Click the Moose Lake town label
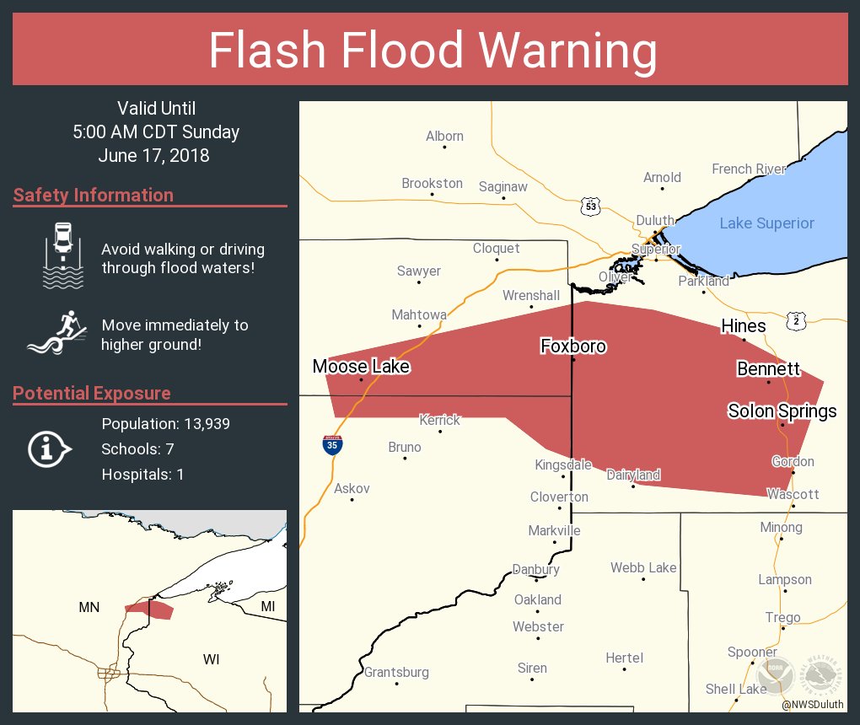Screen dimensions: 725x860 point(361,366)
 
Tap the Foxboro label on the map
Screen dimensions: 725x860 point(573,346)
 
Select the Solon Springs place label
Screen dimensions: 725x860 point(782,411)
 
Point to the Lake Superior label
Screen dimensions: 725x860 point(766,223)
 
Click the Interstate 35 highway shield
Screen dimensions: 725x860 point(332,445)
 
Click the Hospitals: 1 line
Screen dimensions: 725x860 point(142,474)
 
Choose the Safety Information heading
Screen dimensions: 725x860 point(94,196)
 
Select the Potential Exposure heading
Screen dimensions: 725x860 point(92,394)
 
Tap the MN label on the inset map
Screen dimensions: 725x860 point(89,607)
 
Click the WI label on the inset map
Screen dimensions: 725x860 point(211,659)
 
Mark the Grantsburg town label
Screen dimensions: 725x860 point(396,672)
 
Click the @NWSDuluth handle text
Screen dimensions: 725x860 point(814,705)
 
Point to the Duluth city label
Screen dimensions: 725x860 point(655,220)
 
